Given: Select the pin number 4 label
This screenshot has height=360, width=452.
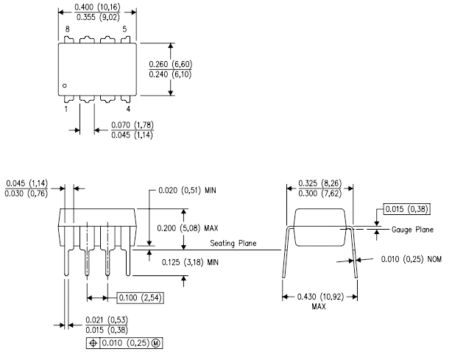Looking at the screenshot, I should (129, 109).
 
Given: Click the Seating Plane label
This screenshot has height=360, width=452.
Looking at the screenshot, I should (233, 244).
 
